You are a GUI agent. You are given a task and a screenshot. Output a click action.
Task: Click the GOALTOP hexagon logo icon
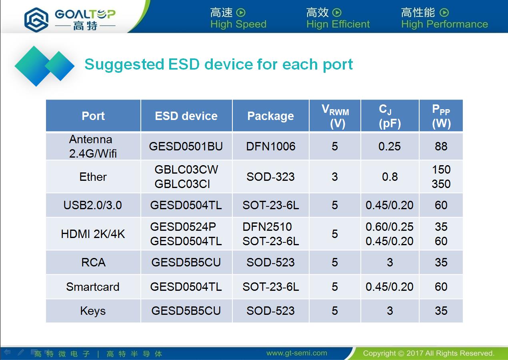36,20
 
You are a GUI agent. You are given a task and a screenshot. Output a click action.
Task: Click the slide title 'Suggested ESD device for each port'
219,65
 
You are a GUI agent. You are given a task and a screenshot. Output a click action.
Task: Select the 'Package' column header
270,116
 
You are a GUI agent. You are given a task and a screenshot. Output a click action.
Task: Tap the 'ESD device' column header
186,116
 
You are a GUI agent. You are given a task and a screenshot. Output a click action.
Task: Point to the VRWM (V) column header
335,116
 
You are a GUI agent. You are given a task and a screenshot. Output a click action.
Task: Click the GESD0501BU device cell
186,146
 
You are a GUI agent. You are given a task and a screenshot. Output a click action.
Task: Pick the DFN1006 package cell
271,146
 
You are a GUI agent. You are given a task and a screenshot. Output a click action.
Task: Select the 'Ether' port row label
93,177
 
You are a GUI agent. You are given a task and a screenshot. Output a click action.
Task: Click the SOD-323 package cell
270,177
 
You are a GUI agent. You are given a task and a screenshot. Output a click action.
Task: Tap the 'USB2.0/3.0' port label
92,205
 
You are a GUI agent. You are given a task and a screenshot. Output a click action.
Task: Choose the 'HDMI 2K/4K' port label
93,234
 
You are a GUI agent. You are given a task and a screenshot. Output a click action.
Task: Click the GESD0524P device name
183,227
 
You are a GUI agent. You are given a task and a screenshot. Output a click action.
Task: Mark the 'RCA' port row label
93,262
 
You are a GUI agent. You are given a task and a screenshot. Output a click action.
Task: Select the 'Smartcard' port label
93,287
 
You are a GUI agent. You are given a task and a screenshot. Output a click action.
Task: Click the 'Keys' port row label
93,311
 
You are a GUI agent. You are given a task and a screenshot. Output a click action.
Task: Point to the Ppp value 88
441,146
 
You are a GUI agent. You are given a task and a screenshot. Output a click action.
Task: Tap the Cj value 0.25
390,146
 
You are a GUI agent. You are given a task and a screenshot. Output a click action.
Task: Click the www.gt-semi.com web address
297,353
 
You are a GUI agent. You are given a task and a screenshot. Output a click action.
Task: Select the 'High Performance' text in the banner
444,24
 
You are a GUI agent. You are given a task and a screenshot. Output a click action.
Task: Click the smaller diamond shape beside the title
60,66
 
